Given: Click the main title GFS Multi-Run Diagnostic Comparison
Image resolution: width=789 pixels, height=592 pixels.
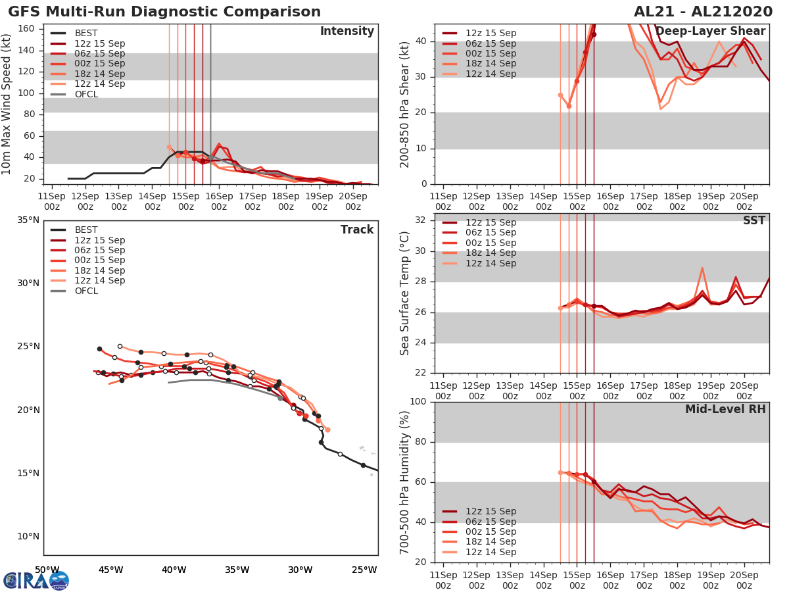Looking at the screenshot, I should [164, 12].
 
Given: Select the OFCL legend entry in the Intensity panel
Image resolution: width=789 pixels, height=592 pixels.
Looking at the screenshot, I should [86, 94].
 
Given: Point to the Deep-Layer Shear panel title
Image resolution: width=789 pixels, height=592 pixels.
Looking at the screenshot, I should [710, 32].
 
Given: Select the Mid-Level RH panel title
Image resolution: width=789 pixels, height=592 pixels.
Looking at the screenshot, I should [725, 410].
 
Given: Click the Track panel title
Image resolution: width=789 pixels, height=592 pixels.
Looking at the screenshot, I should [357, 230].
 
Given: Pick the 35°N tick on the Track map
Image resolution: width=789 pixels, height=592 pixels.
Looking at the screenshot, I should [28, 220].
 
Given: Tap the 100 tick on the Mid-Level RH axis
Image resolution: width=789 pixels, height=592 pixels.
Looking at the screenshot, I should [418, 402].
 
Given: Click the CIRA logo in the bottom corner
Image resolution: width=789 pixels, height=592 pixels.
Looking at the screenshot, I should [36, 580].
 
